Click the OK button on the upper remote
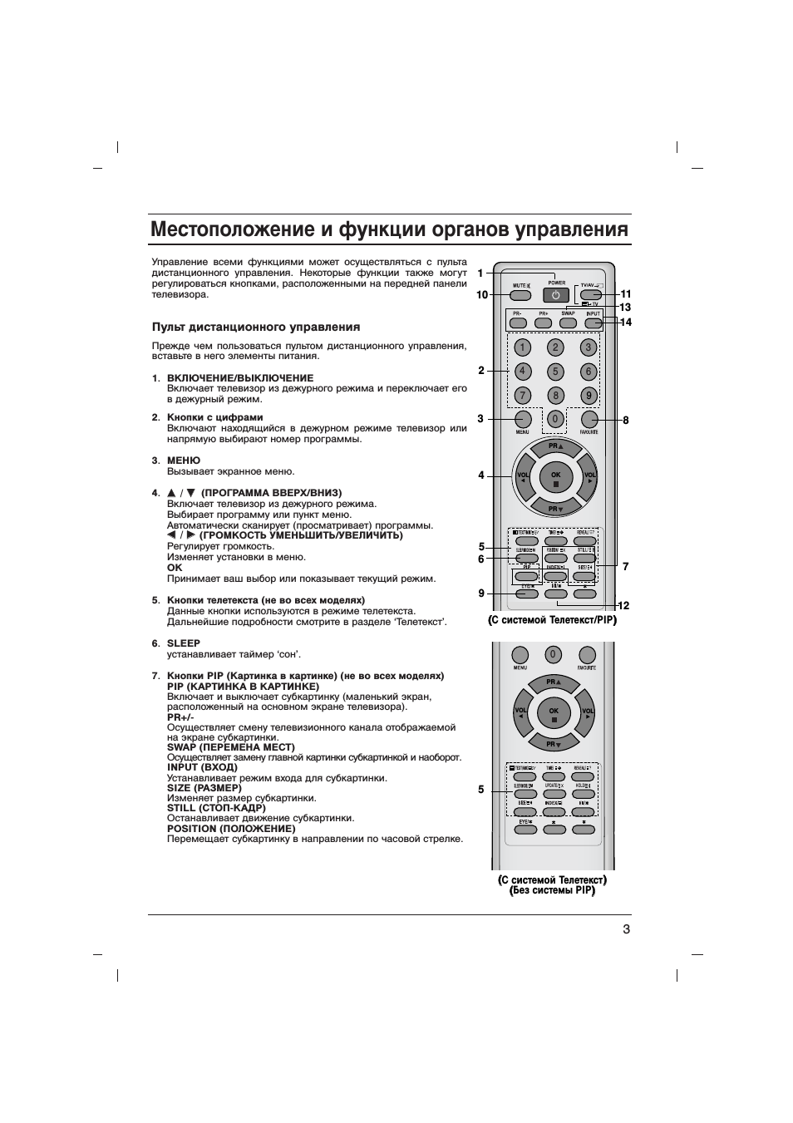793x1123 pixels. tap(555, 477)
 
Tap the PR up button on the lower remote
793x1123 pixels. tap(554, 684)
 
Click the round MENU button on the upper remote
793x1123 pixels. tap(522, 419)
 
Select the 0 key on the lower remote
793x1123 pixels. tap(553, 654)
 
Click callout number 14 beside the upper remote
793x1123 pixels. tap(626, 323)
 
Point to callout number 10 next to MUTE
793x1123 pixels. tap(482, 295)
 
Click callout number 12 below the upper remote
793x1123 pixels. tap(624, 605)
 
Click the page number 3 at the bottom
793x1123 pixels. tap(626, 929)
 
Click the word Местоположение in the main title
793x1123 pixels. tap(219, 229)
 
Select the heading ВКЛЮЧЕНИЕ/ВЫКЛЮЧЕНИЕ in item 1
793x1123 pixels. tap(240, 378)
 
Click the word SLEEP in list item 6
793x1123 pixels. tap(184, 643)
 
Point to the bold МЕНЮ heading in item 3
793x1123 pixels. tap(184, 461)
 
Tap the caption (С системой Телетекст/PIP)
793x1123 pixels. tap(552, 620)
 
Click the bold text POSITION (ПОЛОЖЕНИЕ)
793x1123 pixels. tap(231, 829)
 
